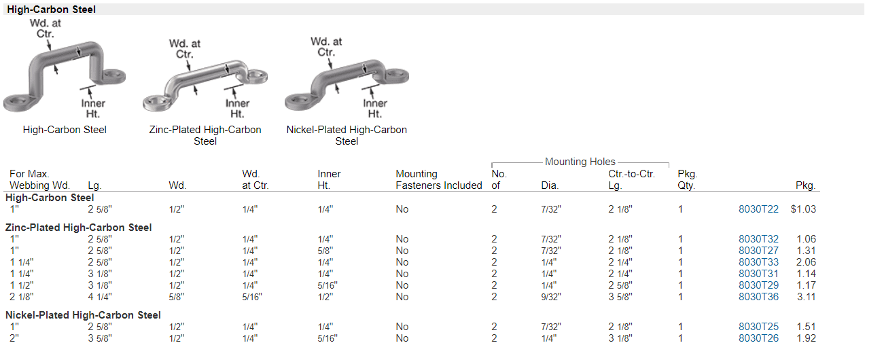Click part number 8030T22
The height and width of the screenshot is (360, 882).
(x=758, y=209)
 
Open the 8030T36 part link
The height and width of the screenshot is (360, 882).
(x=758, y=297)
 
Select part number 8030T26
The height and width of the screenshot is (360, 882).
(x=758, y=338)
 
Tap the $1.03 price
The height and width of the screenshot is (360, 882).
(x=803, y=209)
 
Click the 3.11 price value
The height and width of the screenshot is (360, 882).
(x=807, y=297)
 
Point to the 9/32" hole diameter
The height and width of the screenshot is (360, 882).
(x=551, y=297)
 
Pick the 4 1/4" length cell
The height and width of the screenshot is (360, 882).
(x=100, y=297)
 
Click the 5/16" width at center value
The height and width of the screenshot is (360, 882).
(x=252, y=297)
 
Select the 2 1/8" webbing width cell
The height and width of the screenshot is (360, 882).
(x=22, y=297)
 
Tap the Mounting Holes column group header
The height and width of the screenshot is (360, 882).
(x=580, y=161)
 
